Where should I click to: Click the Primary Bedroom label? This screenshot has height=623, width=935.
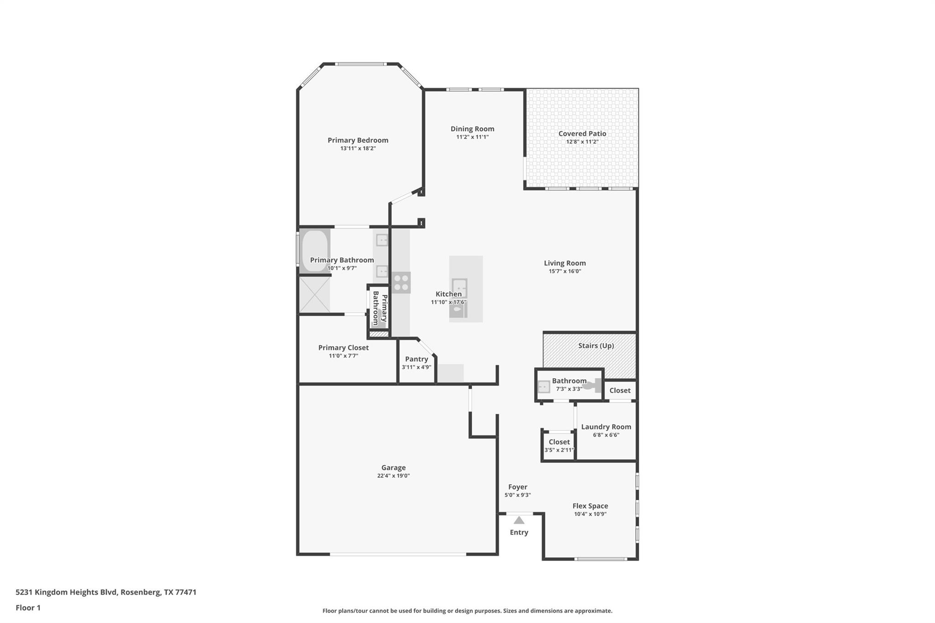[358, 140]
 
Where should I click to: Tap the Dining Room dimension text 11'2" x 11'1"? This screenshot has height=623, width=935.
[473, 137]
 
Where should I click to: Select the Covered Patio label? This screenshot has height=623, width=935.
[582, 133]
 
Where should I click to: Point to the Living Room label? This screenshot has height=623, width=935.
[565, 263]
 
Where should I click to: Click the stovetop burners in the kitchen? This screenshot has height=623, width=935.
[401, 283]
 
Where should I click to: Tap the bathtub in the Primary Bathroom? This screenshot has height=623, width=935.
[315, 251]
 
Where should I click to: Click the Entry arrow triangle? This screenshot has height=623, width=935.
[519, 520]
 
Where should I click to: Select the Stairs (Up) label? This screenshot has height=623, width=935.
[596, 346]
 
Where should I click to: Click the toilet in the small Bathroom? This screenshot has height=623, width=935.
[593, 386]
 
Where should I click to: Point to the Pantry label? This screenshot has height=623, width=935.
[416, 359]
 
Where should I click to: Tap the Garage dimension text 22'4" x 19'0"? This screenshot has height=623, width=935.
[394, 476]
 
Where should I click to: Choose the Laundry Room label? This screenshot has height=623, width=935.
[606, 427]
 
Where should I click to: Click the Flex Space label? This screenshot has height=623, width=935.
[590, 506]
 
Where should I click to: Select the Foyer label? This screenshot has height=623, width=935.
[518, 487]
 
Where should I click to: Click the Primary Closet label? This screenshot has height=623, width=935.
[343, 348]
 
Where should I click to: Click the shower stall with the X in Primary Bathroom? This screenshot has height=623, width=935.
[314, 295]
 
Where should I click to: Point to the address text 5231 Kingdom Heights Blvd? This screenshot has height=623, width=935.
[67, 592]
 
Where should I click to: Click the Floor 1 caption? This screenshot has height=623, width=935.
[28, 608]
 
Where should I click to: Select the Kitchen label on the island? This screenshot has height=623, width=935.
[449, 294]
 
